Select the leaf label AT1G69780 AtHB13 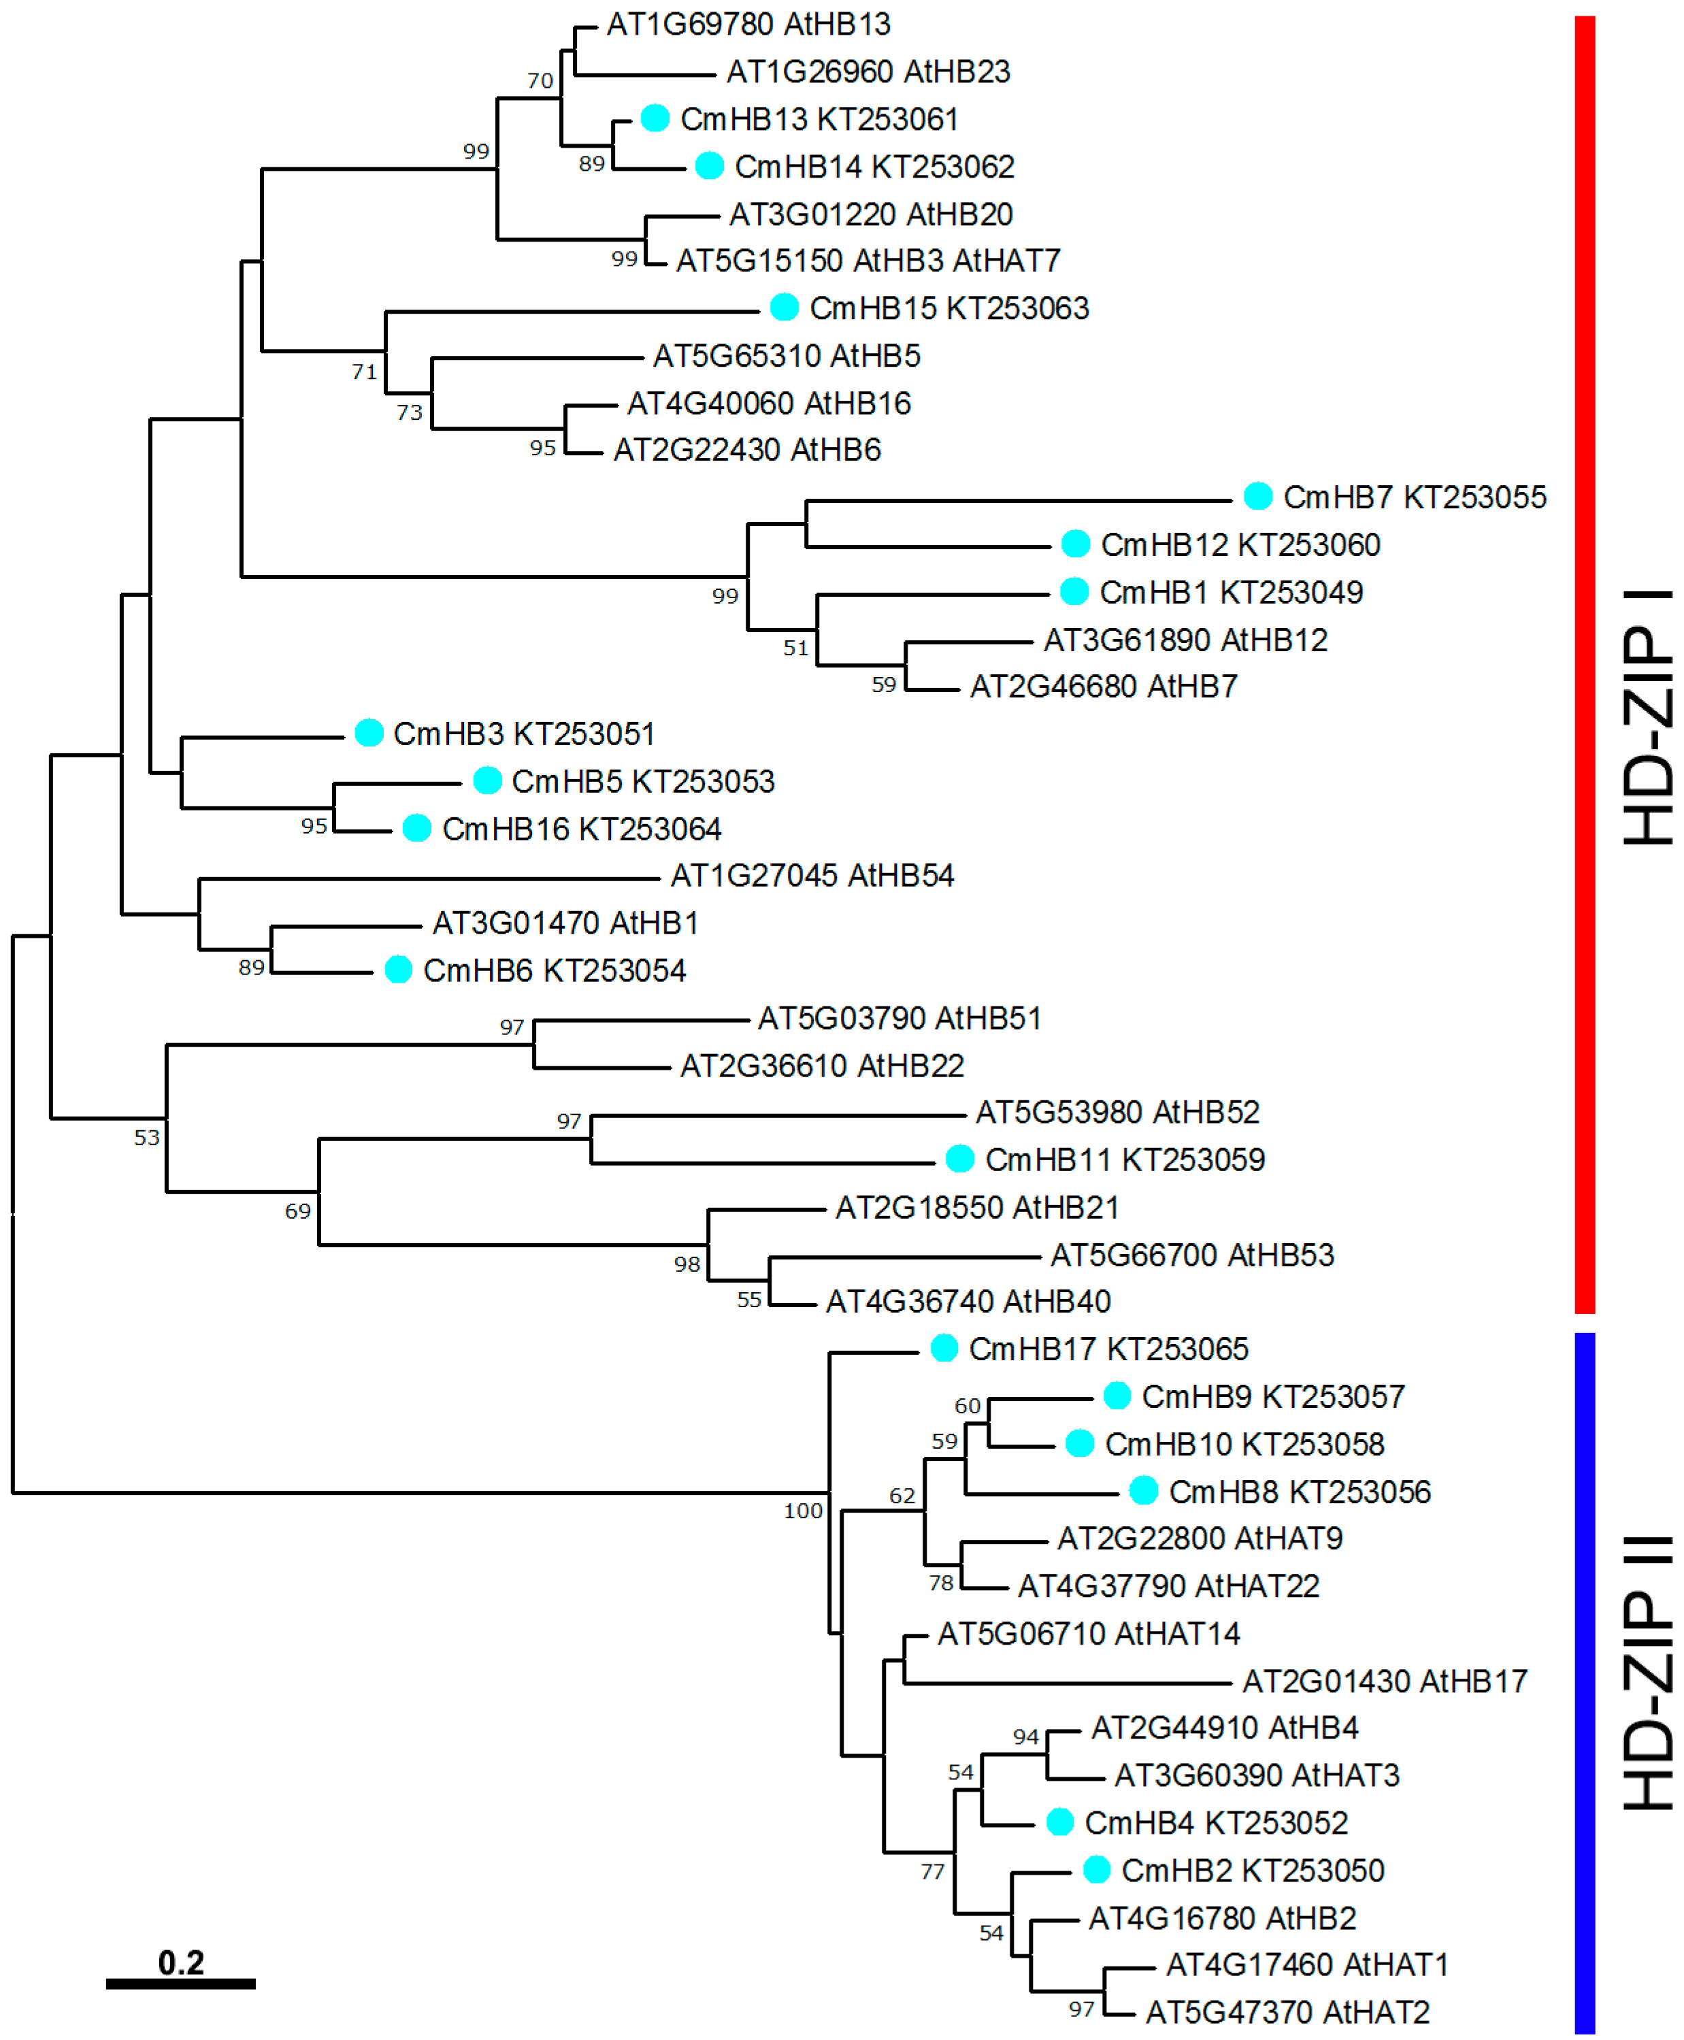coord(748,24)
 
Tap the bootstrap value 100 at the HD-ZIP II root coord(802,1511)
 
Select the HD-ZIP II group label coord(1647,1673)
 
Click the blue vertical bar coord(1584,1682)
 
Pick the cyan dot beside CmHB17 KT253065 coord(944,1349)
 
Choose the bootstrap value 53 coord(146,1137)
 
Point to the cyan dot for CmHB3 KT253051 coord(369,734)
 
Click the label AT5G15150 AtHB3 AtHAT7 coord(868,261)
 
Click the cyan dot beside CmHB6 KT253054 coord(399,970)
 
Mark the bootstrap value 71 coord(364,372)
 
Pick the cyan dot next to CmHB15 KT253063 coord(784,308)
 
